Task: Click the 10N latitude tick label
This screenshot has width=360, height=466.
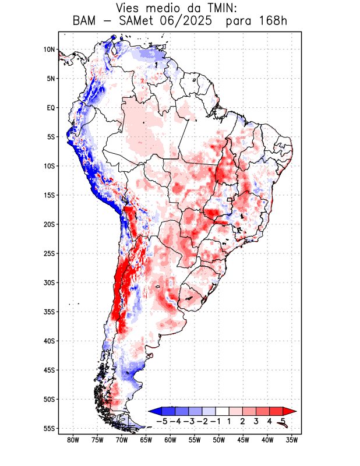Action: pyautogui.click(x=49, y=50)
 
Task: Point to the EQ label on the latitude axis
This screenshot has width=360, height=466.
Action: pyautogui.click(x=51, y=108)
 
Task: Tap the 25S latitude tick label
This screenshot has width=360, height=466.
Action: pyautogui.click(x=49, y=253)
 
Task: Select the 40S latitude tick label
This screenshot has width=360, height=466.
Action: pyautogui.click(x=49, y=341)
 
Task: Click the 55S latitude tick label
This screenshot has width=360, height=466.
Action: pyautogui.click(x=49, y=428)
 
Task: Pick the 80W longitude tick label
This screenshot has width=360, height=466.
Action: pyautogui.click(x=73, y=440)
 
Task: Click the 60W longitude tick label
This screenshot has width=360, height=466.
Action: pyautogui.click(x=170, y=440)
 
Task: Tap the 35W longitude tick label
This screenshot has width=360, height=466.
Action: pyautogui.click(x=292, y=440)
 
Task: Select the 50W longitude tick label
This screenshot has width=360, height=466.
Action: pyautogui.click(x=219, y=440)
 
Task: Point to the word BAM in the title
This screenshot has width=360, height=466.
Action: pyautogui.click(x=85, y=21)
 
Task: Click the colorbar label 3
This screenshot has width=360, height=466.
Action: pyautogui.click(x=256, y=421)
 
